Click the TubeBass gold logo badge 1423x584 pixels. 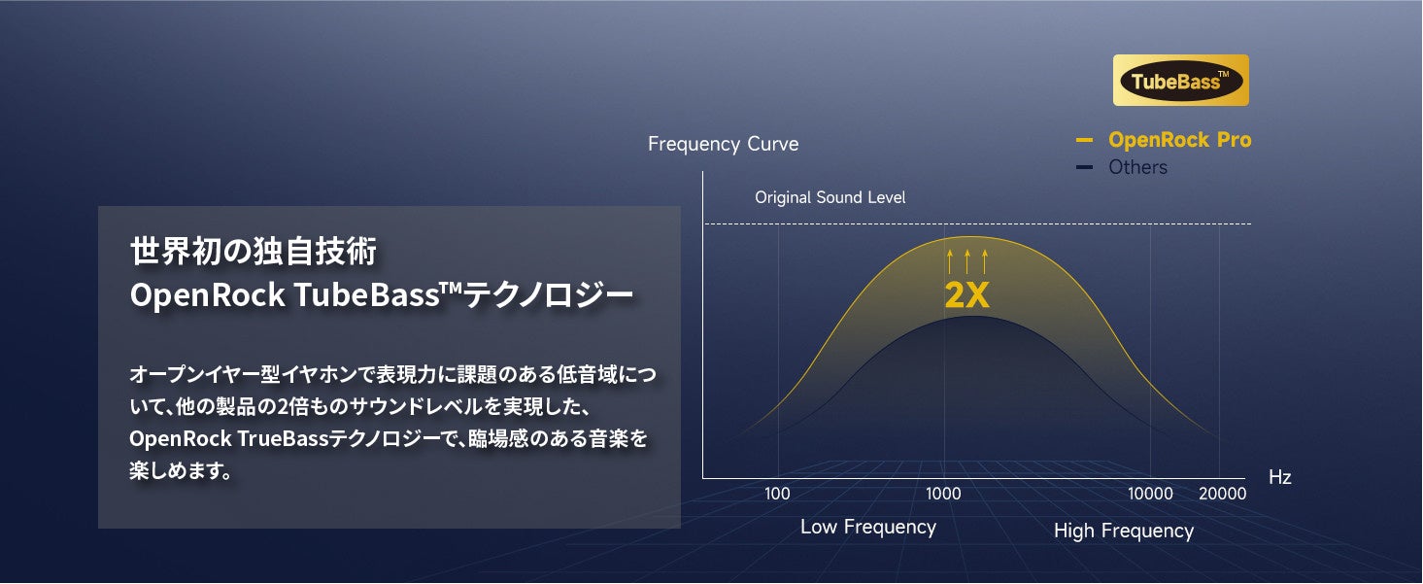[1180, 80]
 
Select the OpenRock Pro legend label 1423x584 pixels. [1180, 140]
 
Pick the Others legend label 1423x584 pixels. [1137, 167]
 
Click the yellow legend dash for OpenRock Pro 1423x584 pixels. [1084, 140]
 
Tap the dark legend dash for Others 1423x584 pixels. [1084, 167]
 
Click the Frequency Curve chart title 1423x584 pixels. [723, 144]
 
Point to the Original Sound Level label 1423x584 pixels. [830, 197]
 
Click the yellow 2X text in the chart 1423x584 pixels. [966, 294]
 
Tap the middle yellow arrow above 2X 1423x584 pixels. [966, 261]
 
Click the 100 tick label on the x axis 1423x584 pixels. [777, 494]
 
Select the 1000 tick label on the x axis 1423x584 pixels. [943, 494]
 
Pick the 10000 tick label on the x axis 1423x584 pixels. [1150, 494]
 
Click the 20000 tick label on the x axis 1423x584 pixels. [1222, 494]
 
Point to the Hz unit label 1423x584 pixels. [1279, 477]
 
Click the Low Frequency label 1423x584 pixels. [867, 527]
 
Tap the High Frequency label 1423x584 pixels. [1123, 531]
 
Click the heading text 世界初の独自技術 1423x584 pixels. [254, 251]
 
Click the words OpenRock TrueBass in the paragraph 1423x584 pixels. [228, 438]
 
